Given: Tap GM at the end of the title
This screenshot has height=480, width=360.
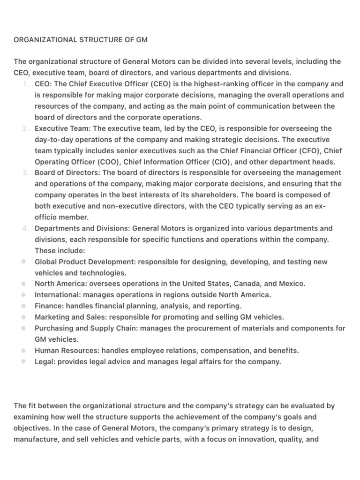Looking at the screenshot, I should pyautogui.click(x=142, y=40).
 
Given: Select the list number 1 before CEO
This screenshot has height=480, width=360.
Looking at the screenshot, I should pyautogui.click(x=25, y=84).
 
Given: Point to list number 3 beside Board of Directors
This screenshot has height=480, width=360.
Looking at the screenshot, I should pyautogui.click(x=25, y=173).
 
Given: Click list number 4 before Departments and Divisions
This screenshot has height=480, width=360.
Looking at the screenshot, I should pyautogui.click(x=25, y=228).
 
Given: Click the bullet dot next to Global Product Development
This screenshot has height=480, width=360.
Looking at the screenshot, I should pyautogui.click(x=23, y=262).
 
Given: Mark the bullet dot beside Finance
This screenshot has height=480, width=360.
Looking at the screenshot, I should pyautogui.click(x=23, y=306).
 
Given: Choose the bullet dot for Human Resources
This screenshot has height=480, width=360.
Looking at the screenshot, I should pyautogui.click(x=23, y=351).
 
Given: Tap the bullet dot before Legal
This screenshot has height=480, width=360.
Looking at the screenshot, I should pyautogui.click(x=23, y=362).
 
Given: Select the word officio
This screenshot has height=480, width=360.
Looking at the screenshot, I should pyautogui.click(x=47, y=217).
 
